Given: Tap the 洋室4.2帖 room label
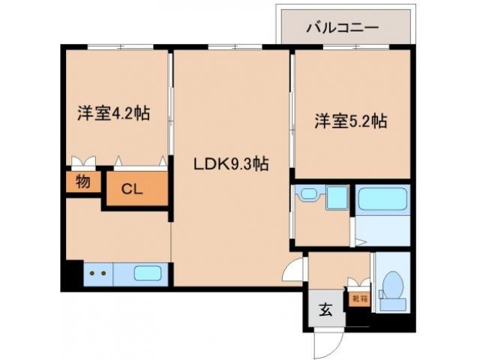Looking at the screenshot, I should click(113, 114).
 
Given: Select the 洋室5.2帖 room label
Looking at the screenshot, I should click(350, 120).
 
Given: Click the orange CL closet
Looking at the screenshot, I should click(133, 188).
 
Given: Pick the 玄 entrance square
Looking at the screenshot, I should click(326, 308).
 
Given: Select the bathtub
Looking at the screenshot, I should click(382, 199).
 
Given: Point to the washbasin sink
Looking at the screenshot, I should click(308, 196).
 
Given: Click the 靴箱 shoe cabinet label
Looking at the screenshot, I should click(358, 298).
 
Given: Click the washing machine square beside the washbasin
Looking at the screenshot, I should click(337, 198).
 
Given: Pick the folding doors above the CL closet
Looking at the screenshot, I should click(140, 161).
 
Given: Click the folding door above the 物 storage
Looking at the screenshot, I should click(83, 161).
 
